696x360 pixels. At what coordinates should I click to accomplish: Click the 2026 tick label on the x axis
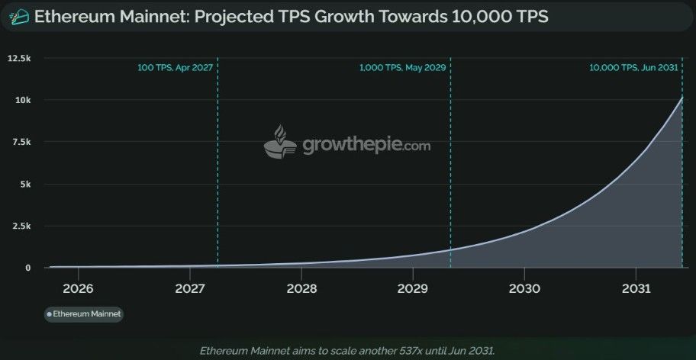point(78,289)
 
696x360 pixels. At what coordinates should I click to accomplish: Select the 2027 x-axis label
point(189,289)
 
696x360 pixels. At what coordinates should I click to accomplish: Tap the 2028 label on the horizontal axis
point(301,289)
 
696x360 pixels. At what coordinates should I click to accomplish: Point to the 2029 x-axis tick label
point(413,289)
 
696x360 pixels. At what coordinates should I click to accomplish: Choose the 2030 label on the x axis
point(524,289)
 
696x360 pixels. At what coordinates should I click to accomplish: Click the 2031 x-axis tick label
point(636,289)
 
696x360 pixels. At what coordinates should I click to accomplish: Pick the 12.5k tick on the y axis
point(19,58)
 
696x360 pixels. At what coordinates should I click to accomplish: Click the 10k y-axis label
point(23,100)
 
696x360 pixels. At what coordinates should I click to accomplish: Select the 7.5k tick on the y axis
point(21,142)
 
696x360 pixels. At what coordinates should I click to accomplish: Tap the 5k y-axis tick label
point(25,184)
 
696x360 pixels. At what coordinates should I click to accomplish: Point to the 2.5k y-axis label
point(21,226)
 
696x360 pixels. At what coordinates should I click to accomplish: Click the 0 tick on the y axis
point(27,268)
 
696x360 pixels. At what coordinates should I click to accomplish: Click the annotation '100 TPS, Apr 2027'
point(175,67)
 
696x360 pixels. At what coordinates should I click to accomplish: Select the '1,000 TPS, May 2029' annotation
point(402,67)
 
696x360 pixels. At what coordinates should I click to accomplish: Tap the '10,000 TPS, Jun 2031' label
point(633,67)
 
